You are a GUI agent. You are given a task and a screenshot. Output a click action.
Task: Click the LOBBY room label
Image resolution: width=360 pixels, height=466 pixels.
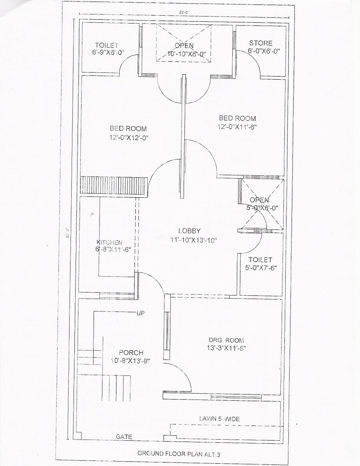189,231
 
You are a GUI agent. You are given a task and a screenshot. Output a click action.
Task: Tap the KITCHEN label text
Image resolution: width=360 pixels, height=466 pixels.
109,243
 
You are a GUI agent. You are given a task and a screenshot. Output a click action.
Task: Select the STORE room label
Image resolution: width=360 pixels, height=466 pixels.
260,43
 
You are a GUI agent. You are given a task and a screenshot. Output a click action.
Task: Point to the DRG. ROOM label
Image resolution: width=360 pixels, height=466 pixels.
226,340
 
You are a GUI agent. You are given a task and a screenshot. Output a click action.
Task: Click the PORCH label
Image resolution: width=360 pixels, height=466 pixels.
131,353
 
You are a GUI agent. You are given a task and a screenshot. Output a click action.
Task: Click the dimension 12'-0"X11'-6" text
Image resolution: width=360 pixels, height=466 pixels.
237,127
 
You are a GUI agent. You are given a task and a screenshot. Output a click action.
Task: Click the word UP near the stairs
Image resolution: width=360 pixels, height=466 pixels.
140,313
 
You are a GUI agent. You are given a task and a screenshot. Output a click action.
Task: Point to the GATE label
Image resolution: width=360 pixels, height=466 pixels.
124,437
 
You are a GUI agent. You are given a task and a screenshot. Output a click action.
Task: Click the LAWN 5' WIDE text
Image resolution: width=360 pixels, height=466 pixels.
219,419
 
